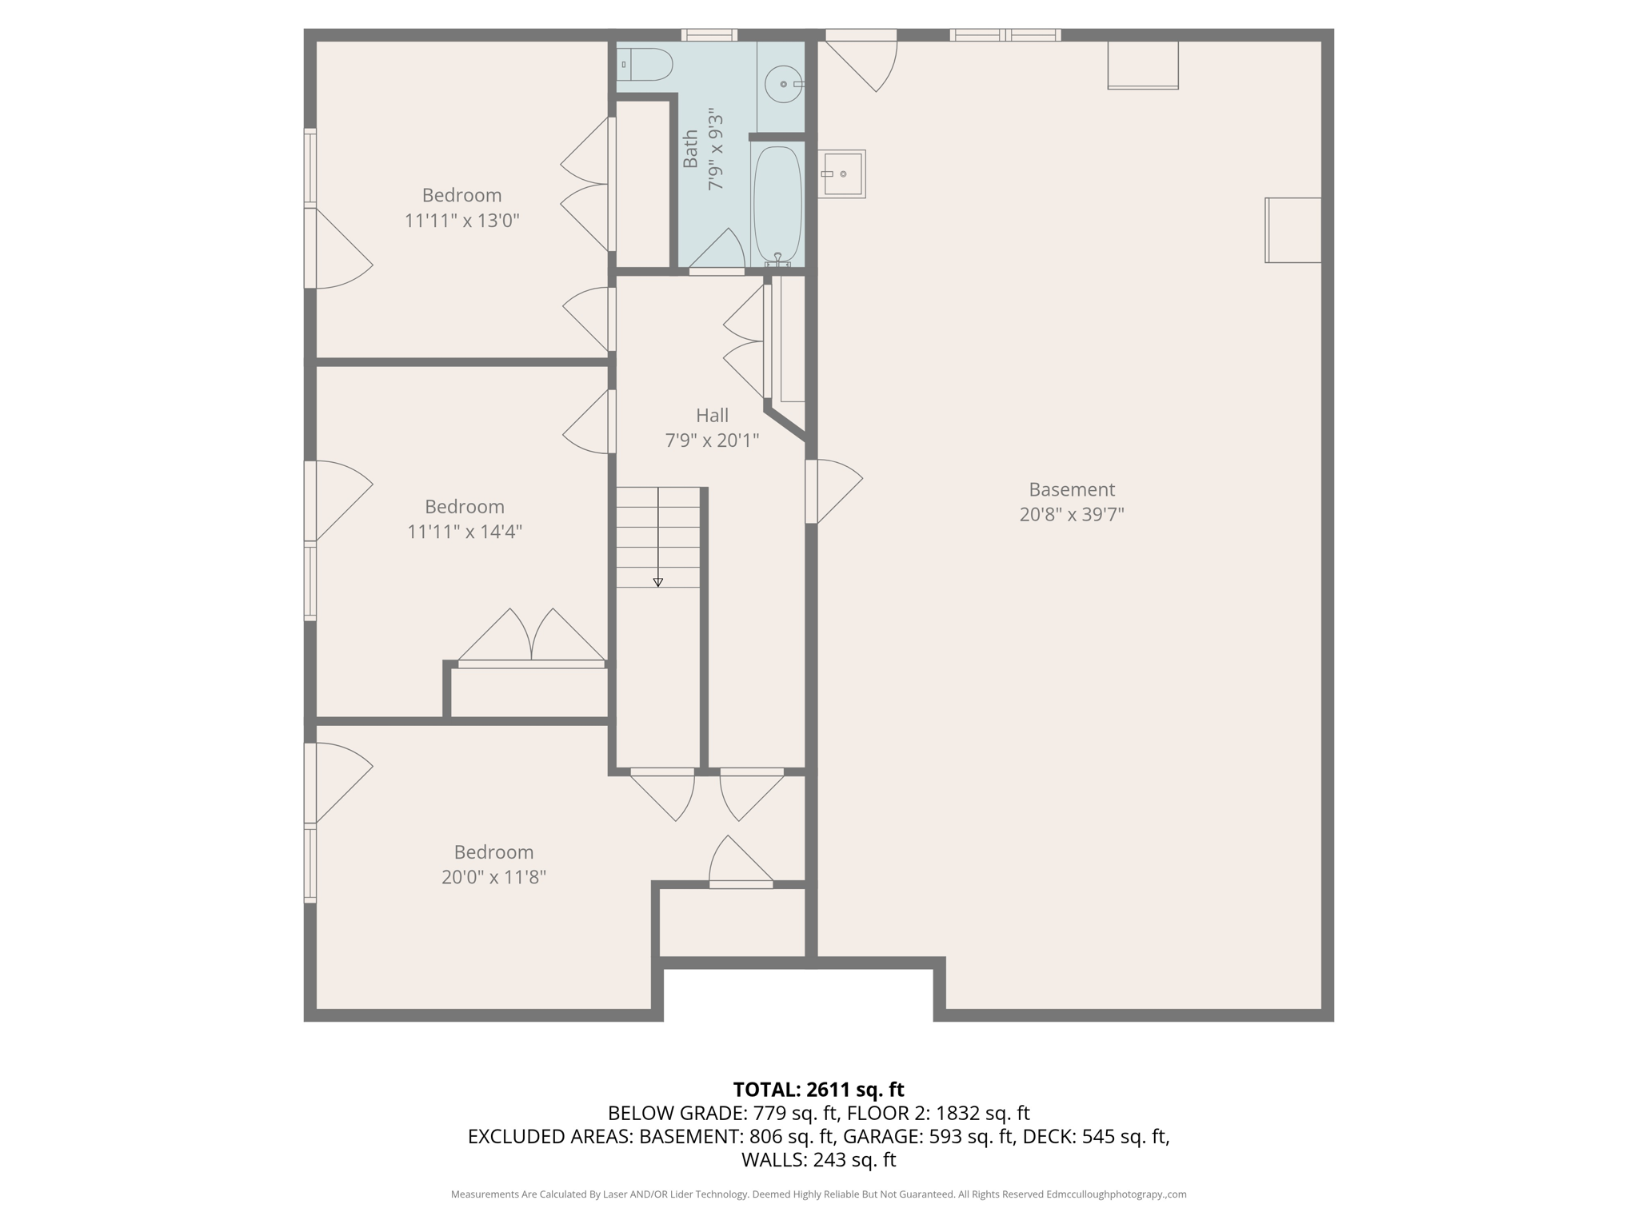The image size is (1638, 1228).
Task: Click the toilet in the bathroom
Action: pos(646,65)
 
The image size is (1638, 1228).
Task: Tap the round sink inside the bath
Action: pos(783,84)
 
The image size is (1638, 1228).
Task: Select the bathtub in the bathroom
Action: pos(777,205)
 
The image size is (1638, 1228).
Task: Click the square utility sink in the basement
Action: pos(841,173)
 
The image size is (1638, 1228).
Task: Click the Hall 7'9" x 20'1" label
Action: pos(712,428)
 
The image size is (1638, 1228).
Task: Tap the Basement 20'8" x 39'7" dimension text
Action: pos(1072,514)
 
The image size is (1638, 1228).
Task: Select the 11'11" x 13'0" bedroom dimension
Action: pos(462,221)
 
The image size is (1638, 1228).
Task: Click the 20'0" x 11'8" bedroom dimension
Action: pos(493,877)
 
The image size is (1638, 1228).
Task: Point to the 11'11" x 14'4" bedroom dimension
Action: pos(465,532)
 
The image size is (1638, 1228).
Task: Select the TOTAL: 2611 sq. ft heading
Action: pos(818,1090)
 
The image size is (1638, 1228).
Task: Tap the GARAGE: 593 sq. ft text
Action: pos(929,1136)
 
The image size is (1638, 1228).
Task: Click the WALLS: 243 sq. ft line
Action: pos(818,1160)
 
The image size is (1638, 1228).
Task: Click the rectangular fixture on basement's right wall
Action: pos(1292,230)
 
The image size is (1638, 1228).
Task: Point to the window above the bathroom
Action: pos(709,34)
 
